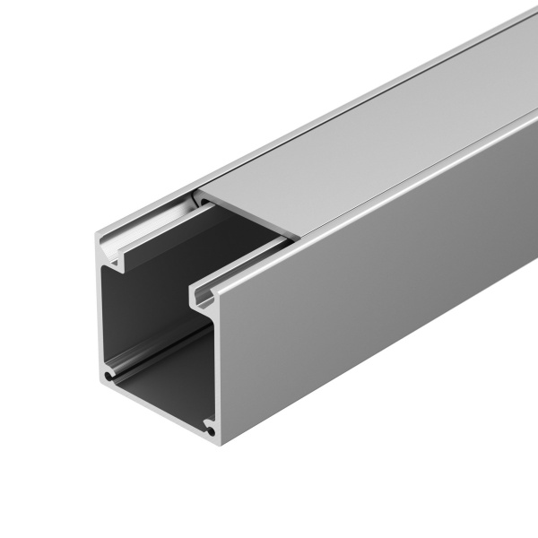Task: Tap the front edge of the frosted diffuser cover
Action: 247,214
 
